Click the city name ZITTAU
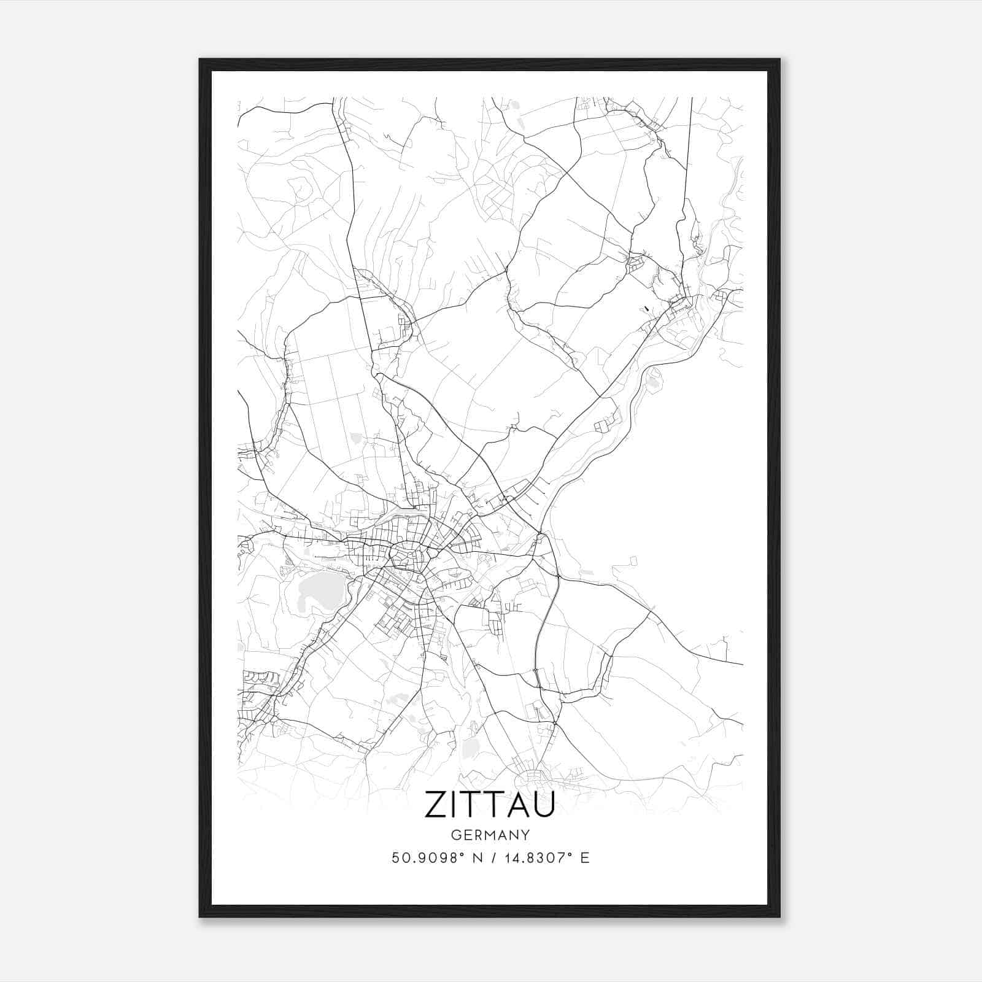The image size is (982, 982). pos(489,805)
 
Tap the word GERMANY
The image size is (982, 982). pos(490,835)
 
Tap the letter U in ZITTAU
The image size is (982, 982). pos(543,805)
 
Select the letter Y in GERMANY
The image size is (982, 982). pos(525,835)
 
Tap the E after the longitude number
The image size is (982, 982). pos(585,858)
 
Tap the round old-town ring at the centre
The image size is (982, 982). pos(407,555)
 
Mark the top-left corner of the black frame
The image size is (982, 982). pos(200,60)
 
